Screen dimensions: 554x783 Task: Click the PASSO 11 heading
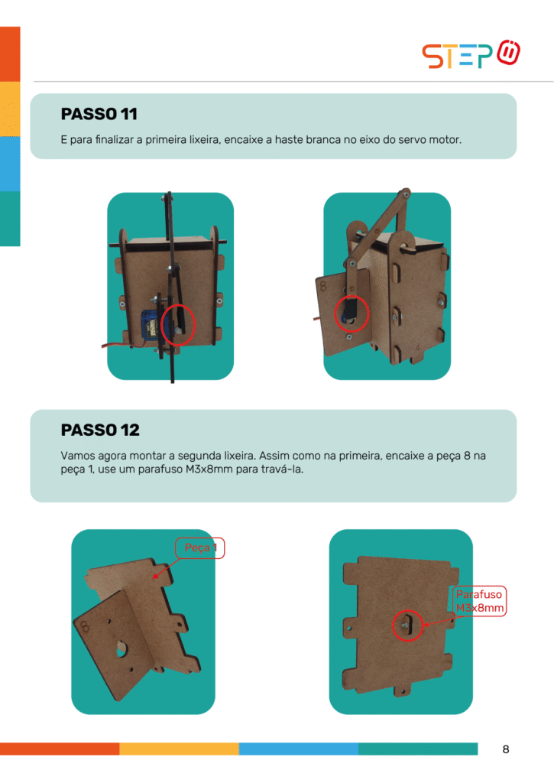[x=99, y=114]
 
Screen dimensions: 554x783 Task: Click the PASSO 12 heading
[x=100, y=430]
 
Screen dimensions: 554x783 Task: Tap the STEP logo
[x=471, y=54]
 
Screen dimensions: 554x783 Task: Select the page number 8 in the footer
[x=506, y=749]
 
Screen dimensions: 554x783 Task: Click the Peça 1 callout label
[x=200, y=547]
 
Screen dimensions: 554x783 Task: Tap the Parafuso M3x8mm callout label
[x=480, y=601]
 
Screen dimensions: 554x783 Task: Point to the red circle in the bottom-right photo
[x=407, y=625]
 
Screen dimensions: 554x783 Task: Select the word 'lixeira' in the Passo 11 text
[x=203, y=140]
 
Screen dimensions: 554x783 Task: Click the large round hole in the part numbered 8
[x=121, y=648]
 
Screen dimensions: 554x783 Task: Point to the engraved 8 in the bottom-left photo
[x=83, y=625]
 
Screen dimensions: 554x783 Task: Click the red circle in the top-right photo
[x=352, y=314]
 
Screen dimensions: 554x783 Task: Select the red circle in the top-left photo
[x=178, y=324]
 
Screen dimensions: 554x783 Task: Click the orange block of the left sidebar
[x=10, y=54]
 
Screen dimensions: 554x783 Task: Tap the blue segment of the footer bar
[x=299, y=749]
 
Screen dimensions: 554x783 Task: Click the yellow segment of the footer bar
[x=179, y=749]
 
